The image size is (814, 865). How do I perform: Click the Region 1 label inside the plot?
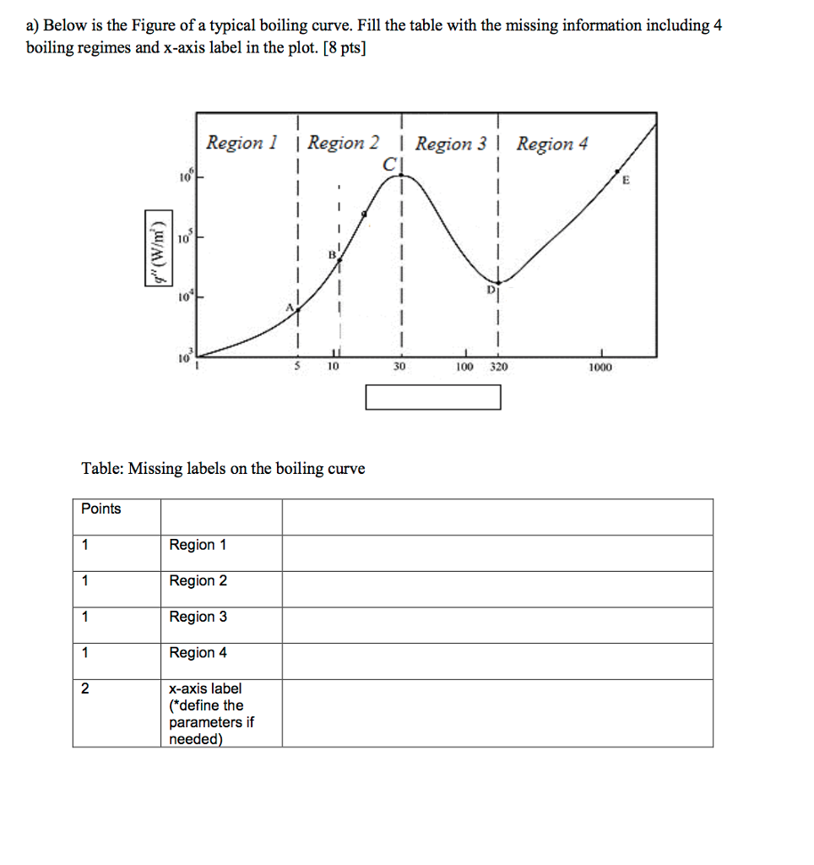[x=242, y=143]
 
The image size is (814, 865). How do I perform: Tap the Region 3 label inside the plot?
[x=451, y=144]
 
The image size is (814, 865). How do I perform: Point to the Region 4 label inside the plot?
[x=551, y=144]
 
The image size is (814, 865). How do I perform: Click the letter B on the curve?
[x=334, y=253]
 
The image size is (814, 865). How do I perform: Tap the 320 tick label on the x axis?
[x=497, y=367]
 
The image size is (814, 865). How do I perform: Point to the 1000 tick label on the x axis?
[x=601, y=367]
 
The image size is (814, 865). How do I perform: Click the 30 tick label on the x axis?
[x=400, y=367]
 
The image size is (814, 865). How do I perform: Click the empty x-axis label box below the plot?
[x=433, y=397]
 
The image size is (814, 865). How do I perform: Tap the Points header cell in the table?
[x=101, y=509]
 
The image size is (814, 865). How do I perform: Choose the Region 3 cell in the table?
[x=198, y=617]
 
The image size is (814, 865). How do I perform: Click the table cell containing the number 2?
[x=85, y=688]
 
